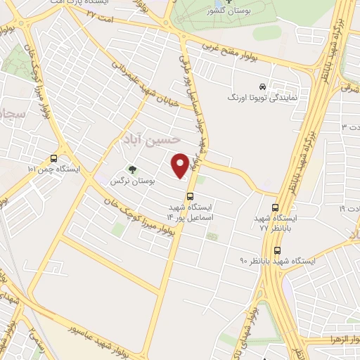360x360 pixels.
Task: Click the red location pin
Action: click(181, 165)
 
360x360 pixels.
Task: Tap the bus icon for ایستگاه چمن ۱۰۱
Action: click(54, 158)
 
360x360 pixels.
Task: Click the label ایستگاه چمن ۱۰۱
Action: click(54, 170)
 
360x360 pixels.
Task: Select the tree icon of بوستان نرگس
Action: click(131, 169)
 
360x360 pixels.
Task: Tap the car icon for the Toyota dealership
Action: click(262, 86)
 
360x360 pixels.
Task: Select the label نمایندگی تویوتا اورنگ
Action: click(262, 98)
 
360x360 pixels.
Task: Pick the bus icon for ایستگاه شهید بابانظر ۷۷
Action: click(275, 207)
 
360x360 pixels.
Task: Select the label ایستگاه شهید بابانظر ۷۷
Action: click(274, 224)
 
